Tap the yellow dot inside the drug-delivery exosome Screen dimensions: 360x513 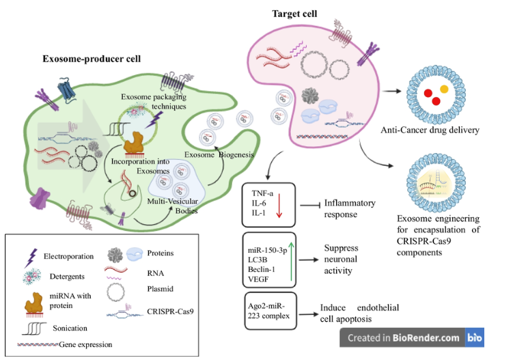445,89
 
